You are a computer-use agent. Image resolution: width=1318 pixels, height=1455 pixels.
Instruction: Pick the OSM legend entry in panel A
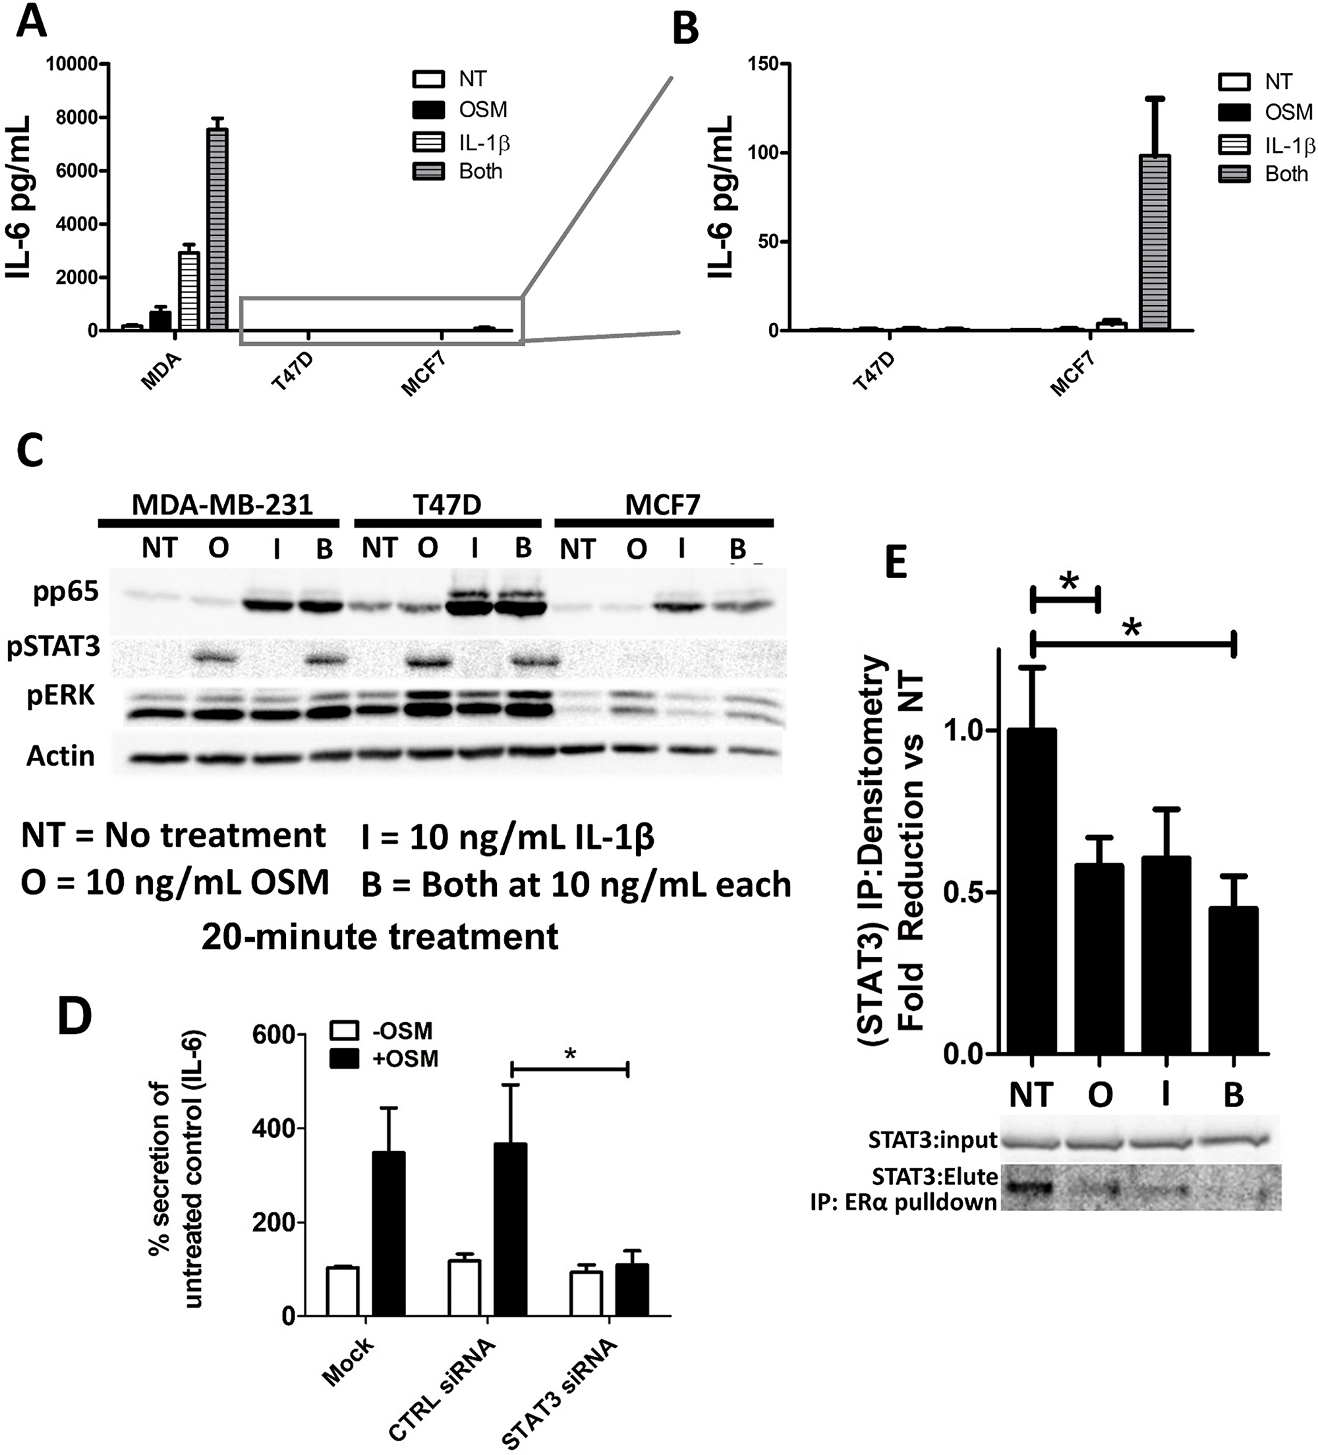pos(482,109)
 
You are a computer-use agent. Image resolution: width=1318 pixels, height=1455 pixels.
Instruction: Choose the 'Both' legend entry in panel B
pos(1286,174)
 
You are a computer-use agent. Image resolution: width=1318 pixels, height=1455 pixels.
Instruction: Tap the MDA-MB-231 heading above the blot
pos(222,505)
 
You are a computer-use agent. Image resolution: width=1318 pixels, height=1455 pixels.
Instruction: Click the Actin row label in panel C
pos(61,756)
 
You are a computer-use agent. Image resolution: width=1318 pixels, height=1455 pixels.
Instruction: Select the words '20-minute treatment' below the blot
pos(380,937)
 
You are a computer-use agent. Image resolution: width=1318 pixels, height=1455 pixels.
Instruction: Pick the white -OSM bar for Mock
pos(342,1291)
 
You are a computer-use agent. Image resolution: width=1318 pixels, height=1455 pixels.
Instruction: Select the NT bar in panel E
pos(1033,892)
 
